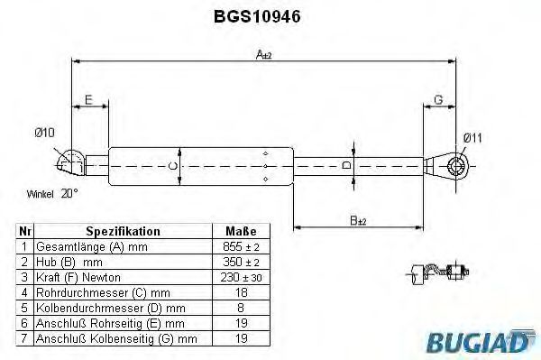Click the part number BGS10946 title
click(257, 16)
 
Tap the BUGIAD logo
click(481, 342)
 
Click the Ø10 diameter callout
click(44, 133)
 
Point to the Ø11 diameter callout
click(472, 138)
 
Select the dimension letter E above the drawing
click(88, 100)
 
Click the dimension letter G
click(438, 100)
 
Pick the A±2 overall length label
click(264, 54)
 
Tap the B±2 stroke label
click(358, 220)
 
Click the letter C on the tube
click(173, 166)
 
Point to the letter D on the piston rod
click(346, 165)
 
